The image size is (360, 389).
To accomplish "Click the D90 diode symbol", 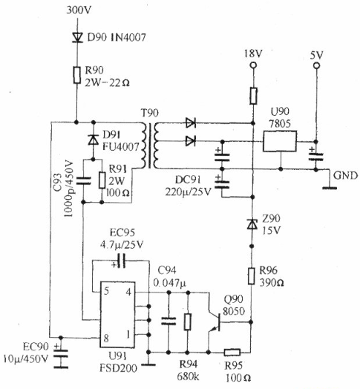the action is pos(77,38).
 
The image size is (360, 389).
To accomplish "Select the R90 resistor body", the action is pos(77,75).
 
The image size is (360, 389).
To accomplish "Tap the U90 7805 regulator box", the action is pos(280,141).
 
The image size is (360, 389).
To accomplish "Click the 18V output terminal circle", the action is pos(253,65).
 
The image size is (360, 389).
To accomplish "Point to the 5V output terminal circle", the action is pos(316,66).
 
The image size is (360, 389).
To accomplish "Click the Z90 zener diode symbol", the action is pos(252,224).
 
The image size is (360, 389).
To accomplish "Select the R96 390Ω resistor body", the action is pos(252,276).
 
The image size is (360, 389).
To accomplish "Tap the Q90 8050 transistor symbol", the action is pos(215,322).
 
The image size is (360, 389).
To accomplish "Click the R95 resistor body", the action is pos(232,352).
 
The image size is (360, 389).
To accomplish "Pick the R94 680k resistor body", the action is pos(188,321).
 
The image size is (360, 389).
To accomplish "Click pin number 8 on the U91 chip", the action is pos(106,338).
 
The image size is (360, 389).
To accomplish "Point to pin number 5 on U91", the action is pos(106,291).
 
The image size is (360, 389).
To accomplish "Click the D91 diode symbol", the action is pos(94,140).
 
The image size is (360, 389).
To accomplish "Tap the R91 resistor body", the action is pos(102,180).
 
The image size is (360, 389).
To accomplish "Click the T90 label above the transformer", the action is pos(150,113).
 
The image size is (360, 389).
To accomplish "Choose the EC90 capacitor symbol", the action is pos(60,353).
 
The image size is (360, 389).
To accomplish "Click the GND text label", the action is pos(345,176).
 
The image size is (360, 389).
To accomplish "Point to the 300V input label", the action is pos(79,10).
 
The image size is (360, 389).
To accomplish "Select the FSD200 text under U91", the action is pos(118,368).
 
